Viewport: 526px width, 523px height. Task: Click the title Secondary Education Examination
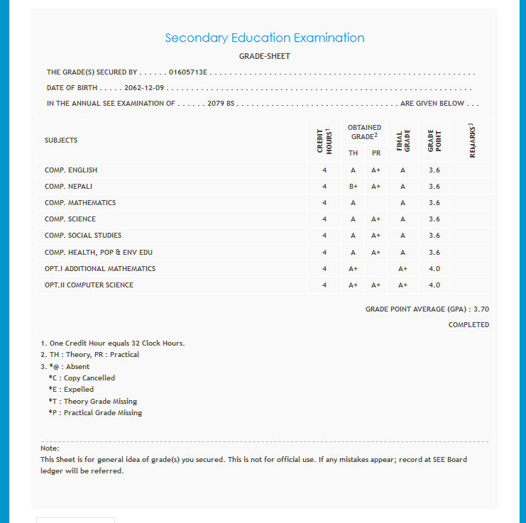(264, 38)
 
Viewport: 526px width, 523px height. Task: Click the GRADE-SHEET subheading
(264, 56)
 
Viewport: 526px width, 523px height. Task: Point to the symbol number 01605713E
(187, 72)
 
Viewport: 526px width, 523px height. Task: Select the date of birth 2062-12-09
(144, 88)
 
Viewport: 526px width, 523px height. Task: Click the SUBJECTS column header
(61, 141)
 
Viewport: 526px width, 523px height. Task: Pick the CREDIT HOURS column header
(324, 141)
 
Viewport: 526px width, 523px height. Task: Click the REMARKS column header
(472, 141)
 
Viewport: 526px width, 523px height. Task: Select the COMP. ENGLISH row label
(71, 170)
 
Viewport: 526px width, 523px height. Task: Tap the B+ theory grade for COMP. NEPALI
(353, 187)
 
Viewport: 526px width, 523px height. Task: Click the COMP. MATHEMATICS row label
(80, 203)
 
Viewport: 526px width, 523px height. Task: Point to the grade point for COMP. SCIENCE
(434, 219)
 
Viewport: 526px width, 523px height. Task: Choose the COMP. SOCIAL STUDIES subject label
(83, 236)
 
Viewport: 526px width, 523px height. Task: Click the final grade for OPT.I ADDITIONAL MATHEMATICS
(402, 269)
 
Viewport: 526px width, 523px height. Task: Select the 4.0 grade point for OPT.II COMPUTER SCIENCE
(434, 285)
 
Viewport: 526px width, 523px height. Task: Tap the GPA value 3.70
(481, 309)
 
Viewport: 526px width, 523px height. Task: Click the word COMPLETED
(469, 325)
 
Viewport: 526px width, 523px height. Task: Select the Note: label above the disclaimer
(50, 448)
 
